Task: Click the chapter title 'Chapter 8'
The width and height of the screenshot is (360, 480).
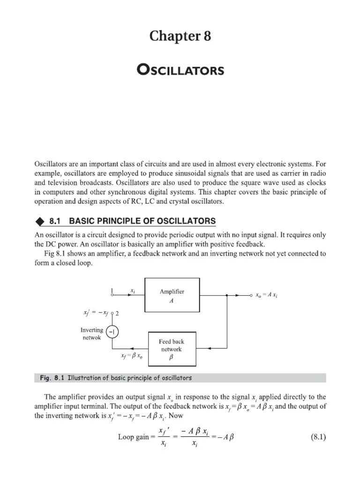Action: pos(180,36)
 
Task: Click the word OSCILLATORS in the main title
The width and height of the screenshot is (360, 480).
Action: pos(180,70)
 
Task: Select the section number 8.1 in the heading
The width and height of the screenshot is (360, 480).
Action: pos(62,221)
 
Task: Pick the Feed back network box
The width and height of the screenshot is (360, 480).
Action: pos(172,349)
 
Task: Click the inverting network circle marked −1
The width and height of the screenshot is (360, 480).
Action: pos(112,332)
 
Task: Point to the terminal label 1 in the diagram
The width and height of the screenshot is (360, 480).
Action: pos(112,291)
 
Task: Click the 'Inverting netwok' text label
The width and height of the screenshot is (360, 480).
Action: pos(91,334)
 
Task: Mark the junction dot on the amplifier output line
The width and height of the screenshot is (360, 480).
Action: pos(226,296)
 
